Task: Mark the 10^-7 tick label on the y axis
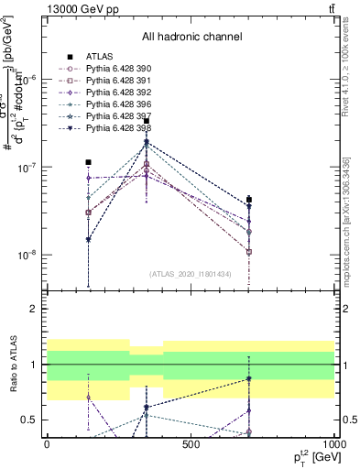(27, 168)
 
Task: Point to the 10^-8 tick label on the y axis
(27, 256)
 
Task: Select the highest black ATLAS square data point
(147, 121)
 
